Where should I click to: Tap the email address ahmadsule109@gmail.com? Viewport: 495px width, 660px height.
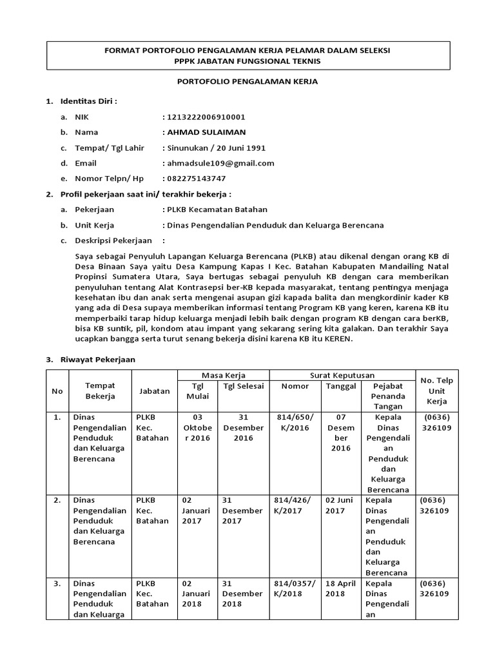point(220,163)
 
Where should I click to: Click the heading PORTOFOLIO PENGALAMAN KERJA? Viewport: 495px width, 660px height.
point(247,82)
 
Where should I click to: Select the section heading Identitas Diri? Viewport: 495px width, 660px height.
point(88,101)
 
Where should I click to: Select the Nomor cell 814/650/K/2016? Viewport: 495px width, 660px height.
point(295,422)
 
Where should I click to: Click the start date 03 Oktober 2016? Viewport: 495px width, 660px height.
point(197,427)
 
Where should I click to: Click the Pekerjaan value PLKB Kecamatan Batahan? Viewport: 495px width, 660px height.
point(215,209)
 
